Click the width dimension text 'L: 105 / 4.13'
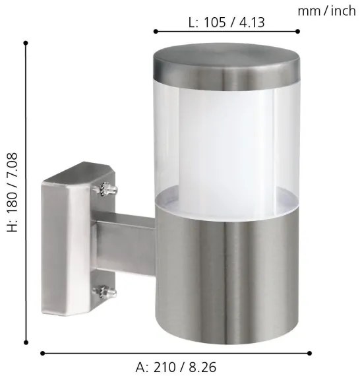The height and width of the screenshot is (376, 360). pyautogui.click(x=226, y=22)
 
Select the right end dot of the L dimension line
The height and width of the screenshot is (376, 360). pyautogui.click(x=298, y=31)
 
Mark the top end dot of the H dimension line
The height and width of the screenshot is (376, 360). pyautogui.click(x=26, y=43)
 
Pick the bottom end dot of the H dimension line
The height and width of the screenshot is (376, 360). pyautogui.click(x=26, y=342)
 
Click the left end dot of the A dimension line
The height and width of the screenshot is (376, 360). pyautogui.click(x=43, y=352)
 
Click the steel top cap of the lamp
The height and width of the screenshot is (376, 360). pyautogui.click(x=226, y=69)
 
